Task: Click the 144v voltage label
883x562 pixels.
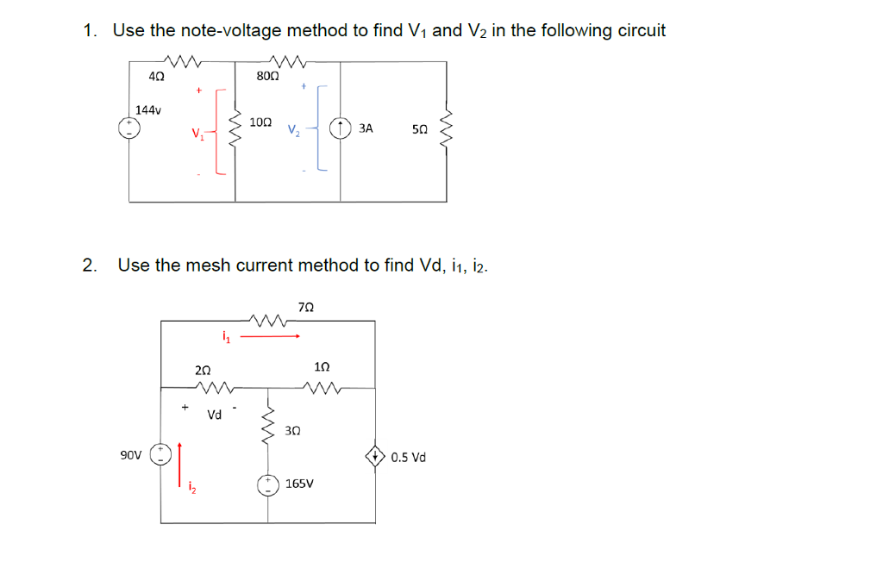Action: (x=149, y=110)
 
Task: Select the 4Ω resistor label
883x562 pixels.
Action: (x=156, y=76)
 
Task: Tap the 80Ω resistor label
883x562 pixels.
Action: (x=267, y=76)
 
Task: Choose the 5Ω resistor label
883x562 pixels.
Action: (x=419, y=129)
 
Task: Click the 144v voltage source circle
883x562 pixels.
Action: (x=130, y=128)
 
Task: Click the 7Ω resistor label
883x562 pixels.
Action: (x=305, y=306)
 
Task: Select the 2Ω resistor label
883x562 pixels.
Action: (x=204, y=369)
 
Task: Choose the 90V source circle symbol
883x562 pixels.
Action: (x=160, y=454)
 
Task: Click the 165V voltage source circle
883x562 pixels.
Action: (x=267, y=484)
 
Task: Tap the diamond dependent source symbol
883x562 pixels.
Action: (x=375, y=456)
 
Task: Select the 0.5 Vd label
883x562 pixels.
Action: (x=408, y=457)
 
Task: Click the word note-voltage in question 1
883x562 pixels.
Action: (x=230, y=31)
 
